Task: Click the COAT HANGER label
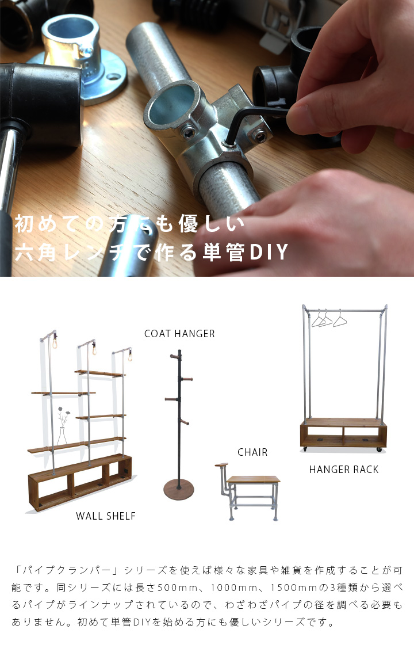coord(179,333)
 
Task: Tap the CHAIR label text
coord(252,452)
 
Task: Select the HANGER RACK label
coord(344,470)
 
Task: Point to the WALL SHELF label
coord(106,516)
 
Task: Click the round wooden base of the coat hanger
coord(179,490)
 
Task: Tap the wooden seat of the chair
coord(254,479)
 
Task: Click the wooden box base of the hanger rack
coord(343,433)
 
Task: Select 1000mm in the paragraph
coord(234,588)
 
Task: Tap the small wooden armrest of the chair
coord(221,465)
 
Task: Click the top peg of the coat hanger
coord(174,356)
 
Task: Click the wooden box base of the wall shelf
coord(80,482)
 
